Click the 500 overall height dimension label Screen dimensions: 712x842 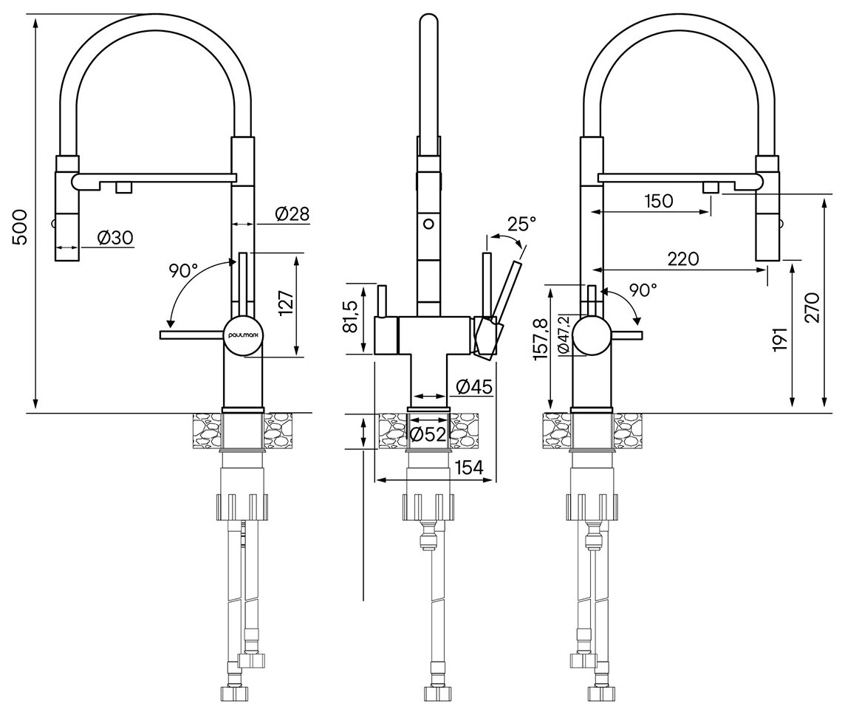tap(20, 227)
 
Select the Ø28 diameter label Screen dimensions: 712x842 tap(292, 214)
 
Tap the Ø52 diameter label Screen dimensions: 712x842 tap(428, 434)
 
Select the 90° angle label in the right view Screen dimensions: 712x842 tap(643, 290)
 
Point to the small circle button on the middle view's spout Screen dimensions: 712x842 tap(426, 222)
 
